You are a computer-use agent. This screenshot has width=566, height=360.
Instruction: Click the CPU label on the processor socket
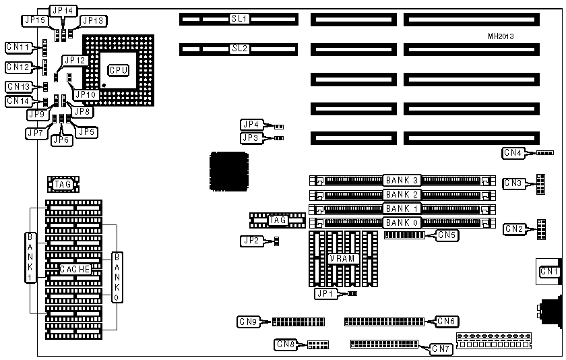click(x=119, y=70)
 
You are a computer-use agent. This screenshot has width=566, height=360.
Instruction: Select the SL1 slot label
click(x=240, y=19)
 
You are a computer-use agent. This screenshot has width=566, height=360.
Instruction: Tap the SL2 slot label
click(x=240, y=49)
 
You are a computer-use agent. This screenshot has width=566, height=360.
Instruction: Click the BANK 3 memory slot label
click(x=402, y=181)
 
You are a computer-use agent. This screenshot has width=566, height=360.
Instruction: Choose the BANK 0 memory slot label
click(x=402, y=222)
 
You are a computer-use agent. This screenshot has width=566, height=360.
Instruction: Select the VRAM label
click(x=342, y=259)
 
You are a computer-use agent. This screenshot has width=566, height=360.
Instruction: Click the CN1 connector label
click(x=550, y=272)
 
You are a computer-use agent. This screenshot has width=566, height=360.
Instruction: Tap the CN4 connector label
click(x=513, y=153)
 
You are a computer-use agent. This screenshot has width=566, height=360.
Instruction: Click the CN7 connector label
click(x=441, y=349)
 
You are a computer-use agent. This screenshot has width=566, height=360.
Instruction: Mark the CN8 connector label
click(x=286, y=344)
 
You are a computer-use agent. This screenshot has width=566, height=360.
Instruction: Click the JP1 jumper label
click(x=325, y=293)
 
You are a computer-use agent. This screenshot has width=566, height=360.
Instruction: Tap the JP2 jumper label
click(x=250, y=241)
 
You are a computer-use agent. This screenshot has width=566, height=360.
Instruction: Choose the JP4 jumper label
click(x=251, y=125)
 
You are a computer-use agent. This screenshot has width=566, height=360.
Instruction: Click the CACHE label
click(x=75, y=270)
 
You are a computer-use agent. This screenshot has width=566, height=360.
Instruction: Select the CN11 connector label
click(x=18, y=47)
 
